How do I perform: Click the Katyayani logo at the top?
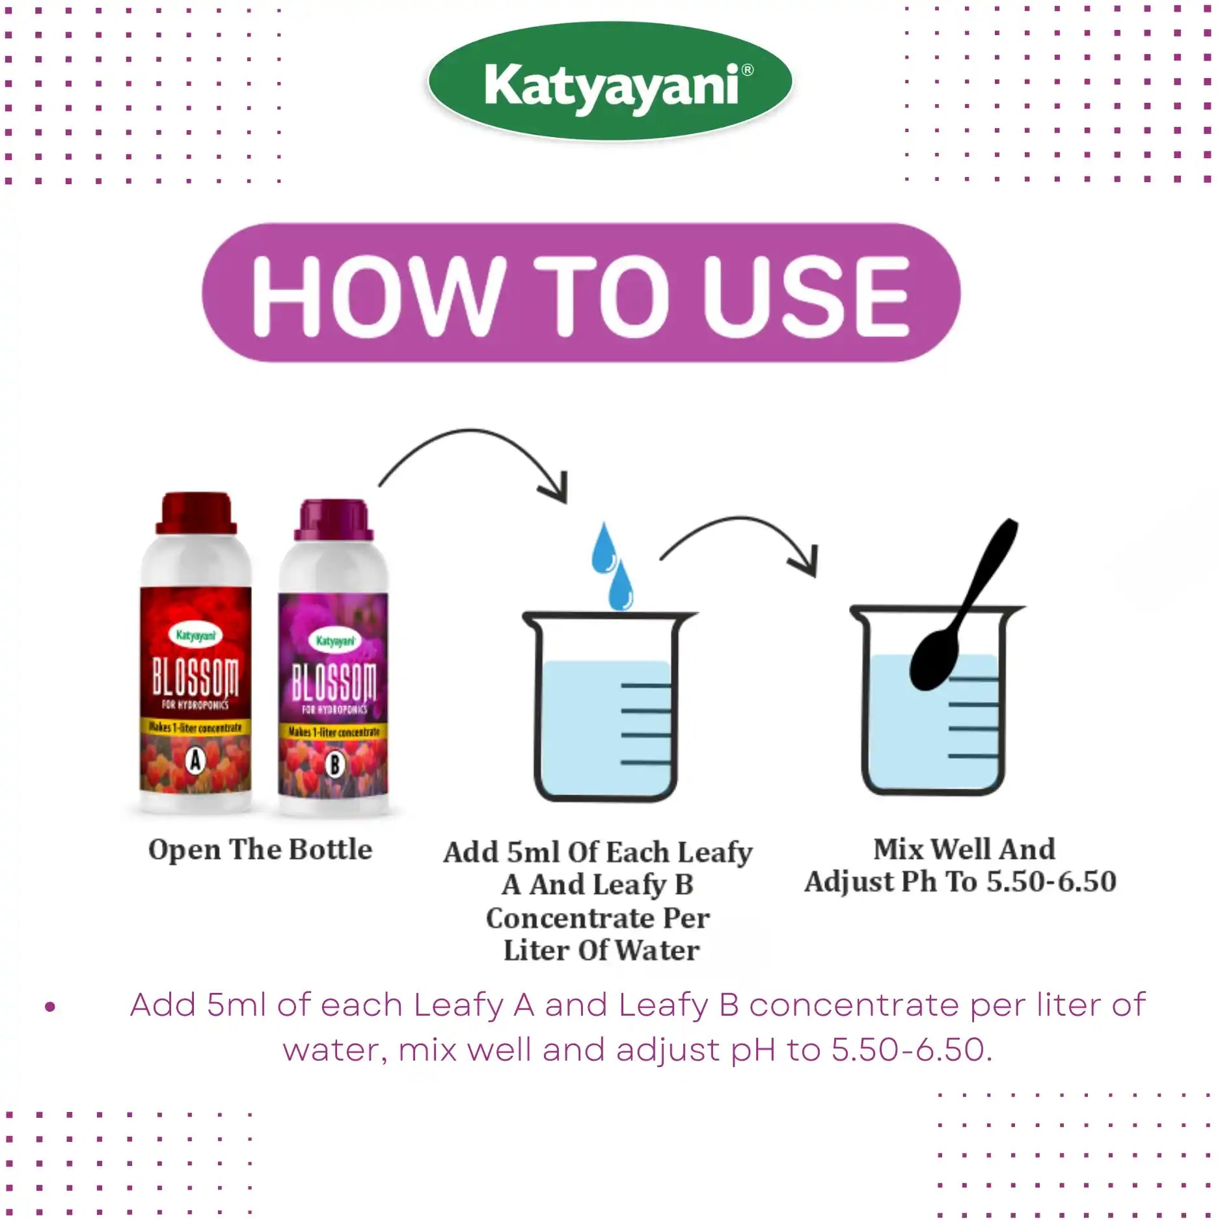pyautogui.click(x=610, y=83)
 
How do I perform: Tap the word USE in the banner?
pyautogui.click(x=806, y=295)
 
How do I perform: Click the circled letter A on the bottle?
pyautogui.click(x=195, y=759)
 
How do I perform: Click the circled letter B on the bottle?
pyautogui.click(x=334, y=765)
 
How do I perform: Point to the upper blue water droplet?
pyautogui.click(x=603, y=550)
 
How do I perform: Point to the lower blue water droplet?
pyautogui.click(x=621, y=588)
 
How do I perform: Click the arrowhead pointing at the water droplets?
pyautogui.click(x=556, y=491)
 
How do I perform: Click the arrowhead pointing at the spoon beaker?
pyautogui.click(x=806, y=563)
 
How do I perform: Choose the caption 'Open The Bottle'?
pyautogui.click(x=260, y=850)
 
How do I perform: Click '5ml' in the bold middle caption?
pyautogui.click(x=532, y=852)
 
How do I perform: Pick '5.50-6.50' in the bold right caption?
pyautogui.click(x=1051, y=882)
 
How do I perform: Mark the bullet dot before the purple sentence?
pyautogui.click(x=50, y=1007)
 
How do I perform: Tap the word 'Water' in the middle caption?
pyautogui.click(x=657, y=951)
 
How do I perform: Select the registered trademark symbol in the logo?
pyautogui.click(x=748, y=70)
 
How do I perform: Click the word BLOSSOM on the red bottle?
pyautogui.click(x=195, y=677)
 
